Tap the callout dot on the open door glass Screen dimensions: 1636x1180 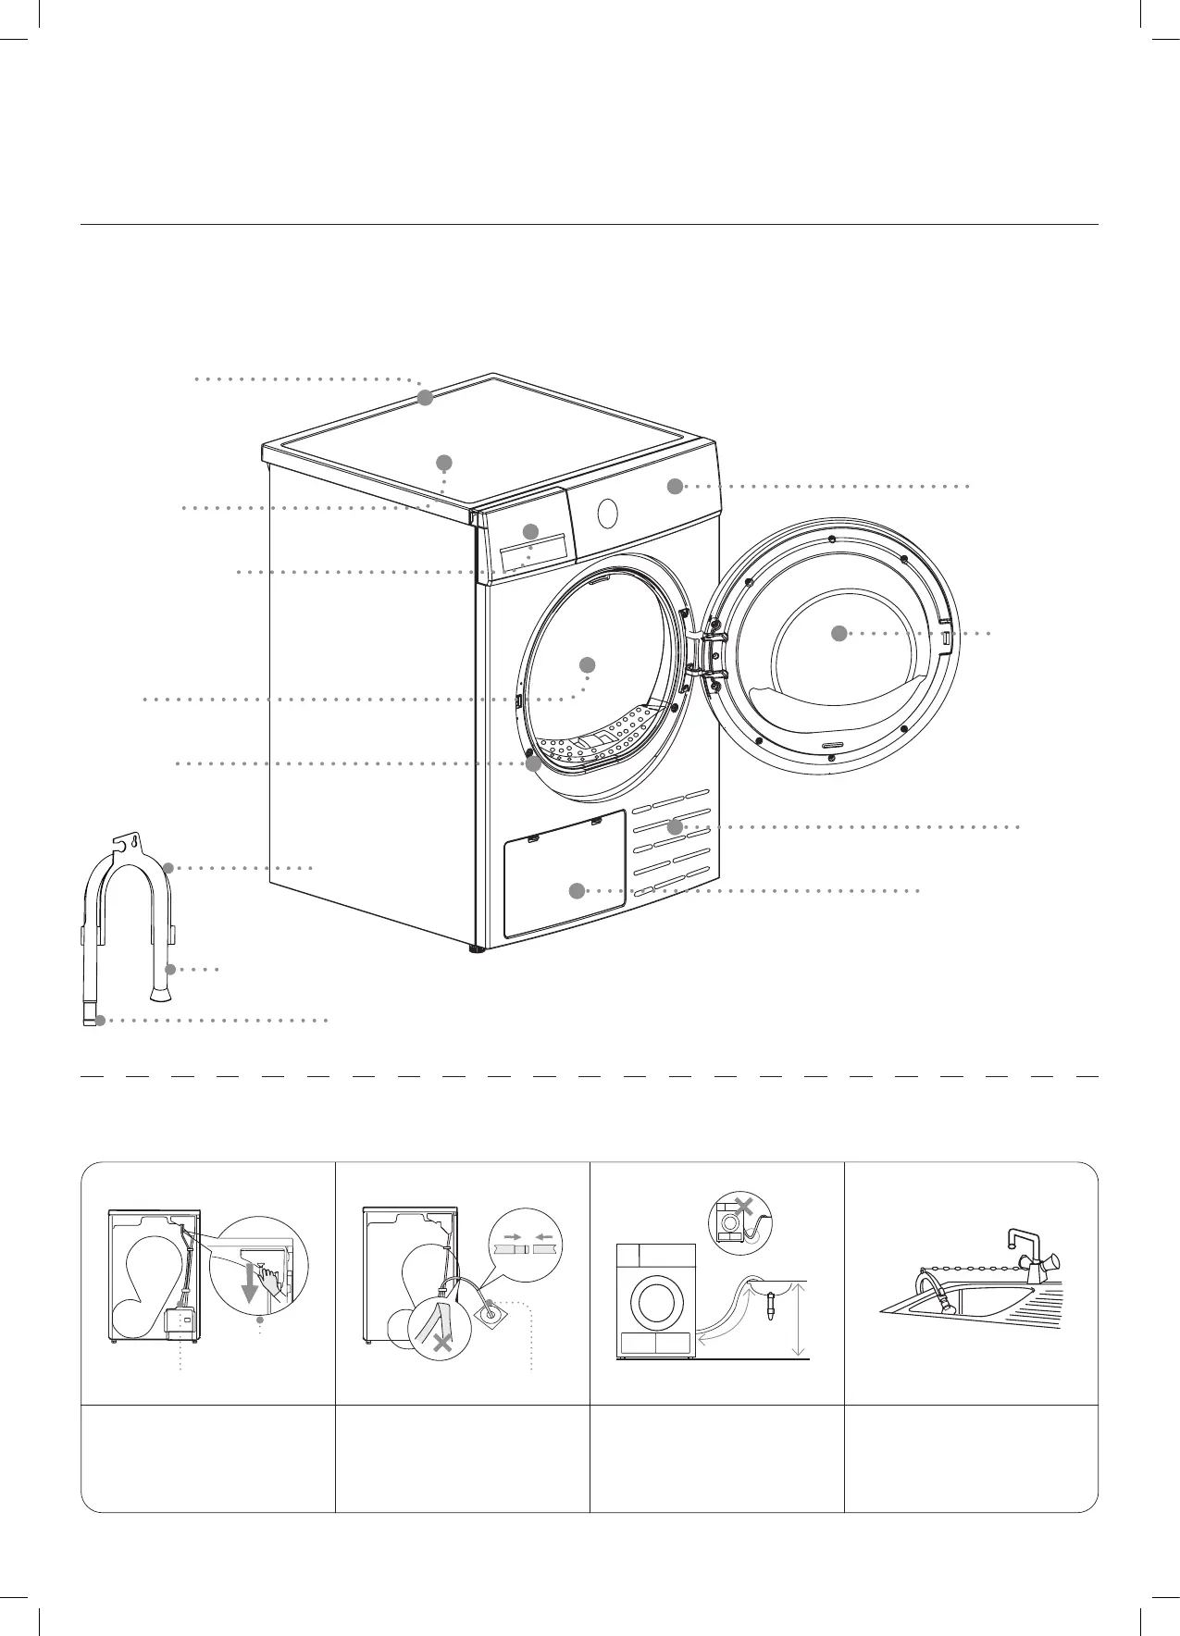click(x=838, y=633)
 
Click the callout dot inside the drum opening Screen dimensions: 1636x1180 click(x=587, y=664)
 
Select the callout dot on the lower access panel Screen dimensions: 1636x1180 click(x=576, y=890)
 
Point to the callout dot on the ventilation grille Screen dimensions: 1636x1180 click(x=675, y=825)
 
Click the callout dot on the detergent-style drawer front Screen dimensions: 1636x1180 click(x=530, y=531)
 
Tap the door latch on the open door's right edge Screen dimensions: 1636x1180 click(x=945, y=637)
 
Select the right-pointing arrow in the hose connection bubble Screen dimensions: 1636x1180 click(x=510, y=1235)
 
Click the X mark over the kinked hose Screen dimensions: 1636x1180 click(x=442, y=1344)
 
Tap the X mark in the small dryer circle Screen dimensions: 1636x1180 click(x=742, y=1207)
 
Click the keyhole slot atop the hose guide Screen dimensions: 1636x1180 click(x=136, y=843)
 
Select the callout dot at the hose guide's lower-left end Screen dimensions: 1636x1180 click(x=100, y=1021)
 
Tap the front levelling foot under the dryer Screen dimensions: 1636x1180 click(x=478, y=948)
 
